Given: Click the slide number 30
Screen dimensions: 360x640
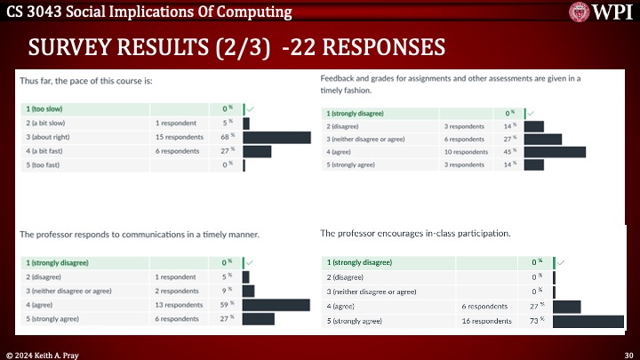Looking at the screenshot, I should tap(628, 354).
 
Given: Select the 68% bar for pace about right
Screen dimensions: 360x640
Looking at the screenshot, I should tap(270, 137).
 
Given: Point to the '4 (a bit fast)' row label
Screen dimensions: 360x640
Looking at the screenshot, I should tap(49, 150).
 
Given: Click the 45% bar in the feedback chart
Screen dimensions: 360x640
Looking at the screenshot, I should tap(555, 152).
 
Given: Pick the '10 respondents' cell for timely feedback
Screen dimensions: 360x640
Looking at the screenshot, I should tap(468, 152).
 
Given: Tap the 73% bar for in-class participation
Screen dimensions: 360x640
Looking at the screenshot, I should tap(588, 320).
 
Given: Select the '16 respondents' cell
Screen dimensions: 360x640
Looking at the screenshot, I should tap(485, 320).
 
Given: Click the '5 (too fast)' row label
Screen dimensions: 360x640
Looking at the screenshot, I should tap(45, 164).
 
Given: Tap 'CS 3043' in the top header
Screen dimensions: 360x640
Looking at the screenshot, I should tap(28, 12).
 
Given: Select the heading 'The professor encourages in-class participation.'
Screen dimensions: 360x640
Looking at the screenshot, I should tap(415, 233).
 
